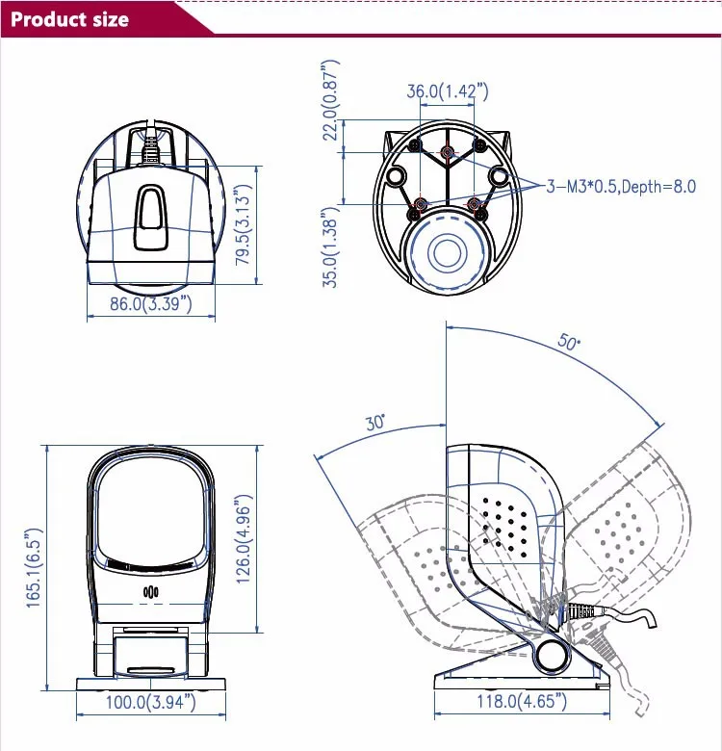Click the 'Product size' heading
coord(69,18)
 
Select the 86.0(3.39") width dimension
coord(149,304)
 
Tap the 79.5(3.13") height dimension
coord(244,224)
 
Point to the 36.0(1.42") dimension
coord(447,91)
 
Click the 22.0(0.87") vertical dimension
coord(330,101)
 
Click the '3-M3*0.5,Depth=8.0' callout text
coord(621,187)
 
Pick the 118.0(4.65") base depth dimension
coord(520,703)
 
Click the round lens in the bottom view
coord(447,253)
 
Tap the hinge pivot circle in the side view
coord(552,655)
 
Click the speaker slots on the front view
coord(150,592)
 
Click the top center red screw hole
coord(446,152)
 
